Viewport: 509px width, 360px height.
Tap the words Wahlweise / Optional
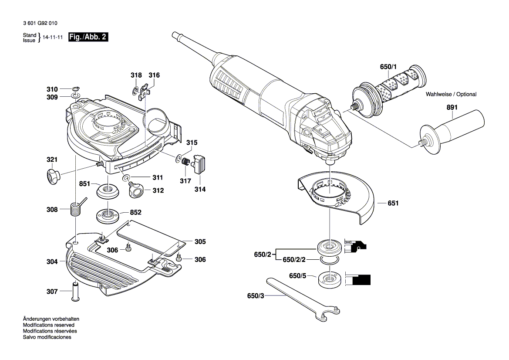pos(451,94)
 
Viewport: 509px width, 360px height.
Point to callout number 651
pos(393,203)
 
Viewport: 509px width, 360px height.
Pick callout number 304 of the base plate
pos(52,262)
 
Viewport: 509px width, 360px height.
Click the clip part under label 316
pos(147,91)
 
